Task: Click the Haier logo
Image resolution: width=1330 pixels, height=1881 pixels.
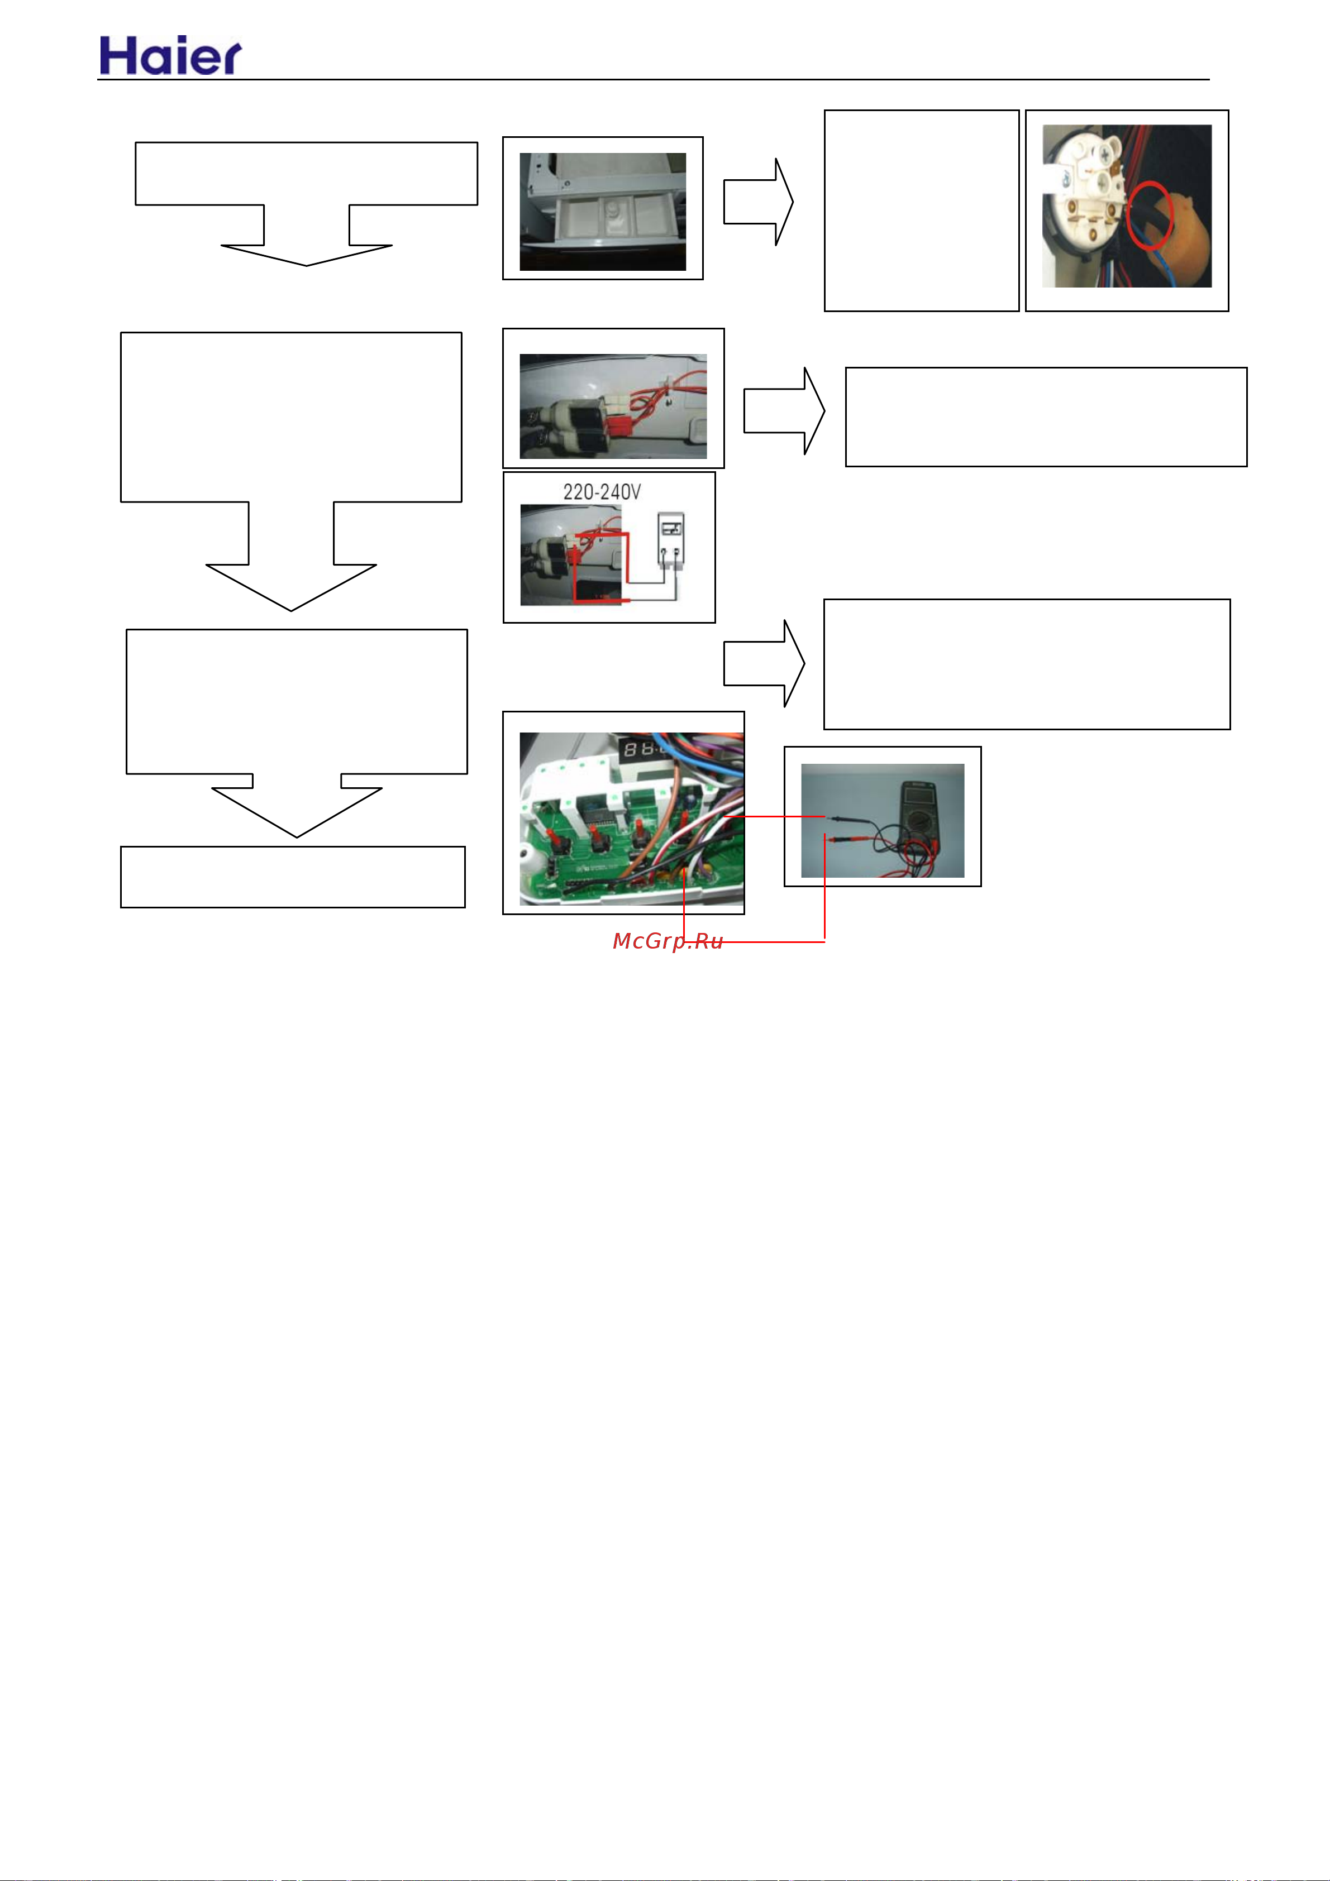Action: coord(170,56)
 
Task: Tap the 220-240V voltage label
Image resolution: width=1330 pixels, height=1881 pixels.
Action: coord(602,491)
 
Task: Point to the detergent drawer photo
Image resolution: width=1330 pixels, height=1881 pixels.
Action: coord(602,212)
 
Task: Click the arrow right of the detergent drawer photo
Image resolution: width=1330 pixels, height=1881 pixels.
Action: coord(758,202)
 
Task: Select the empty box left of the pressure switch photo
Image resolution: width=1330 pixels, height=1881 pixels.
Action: coord(922,210)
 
